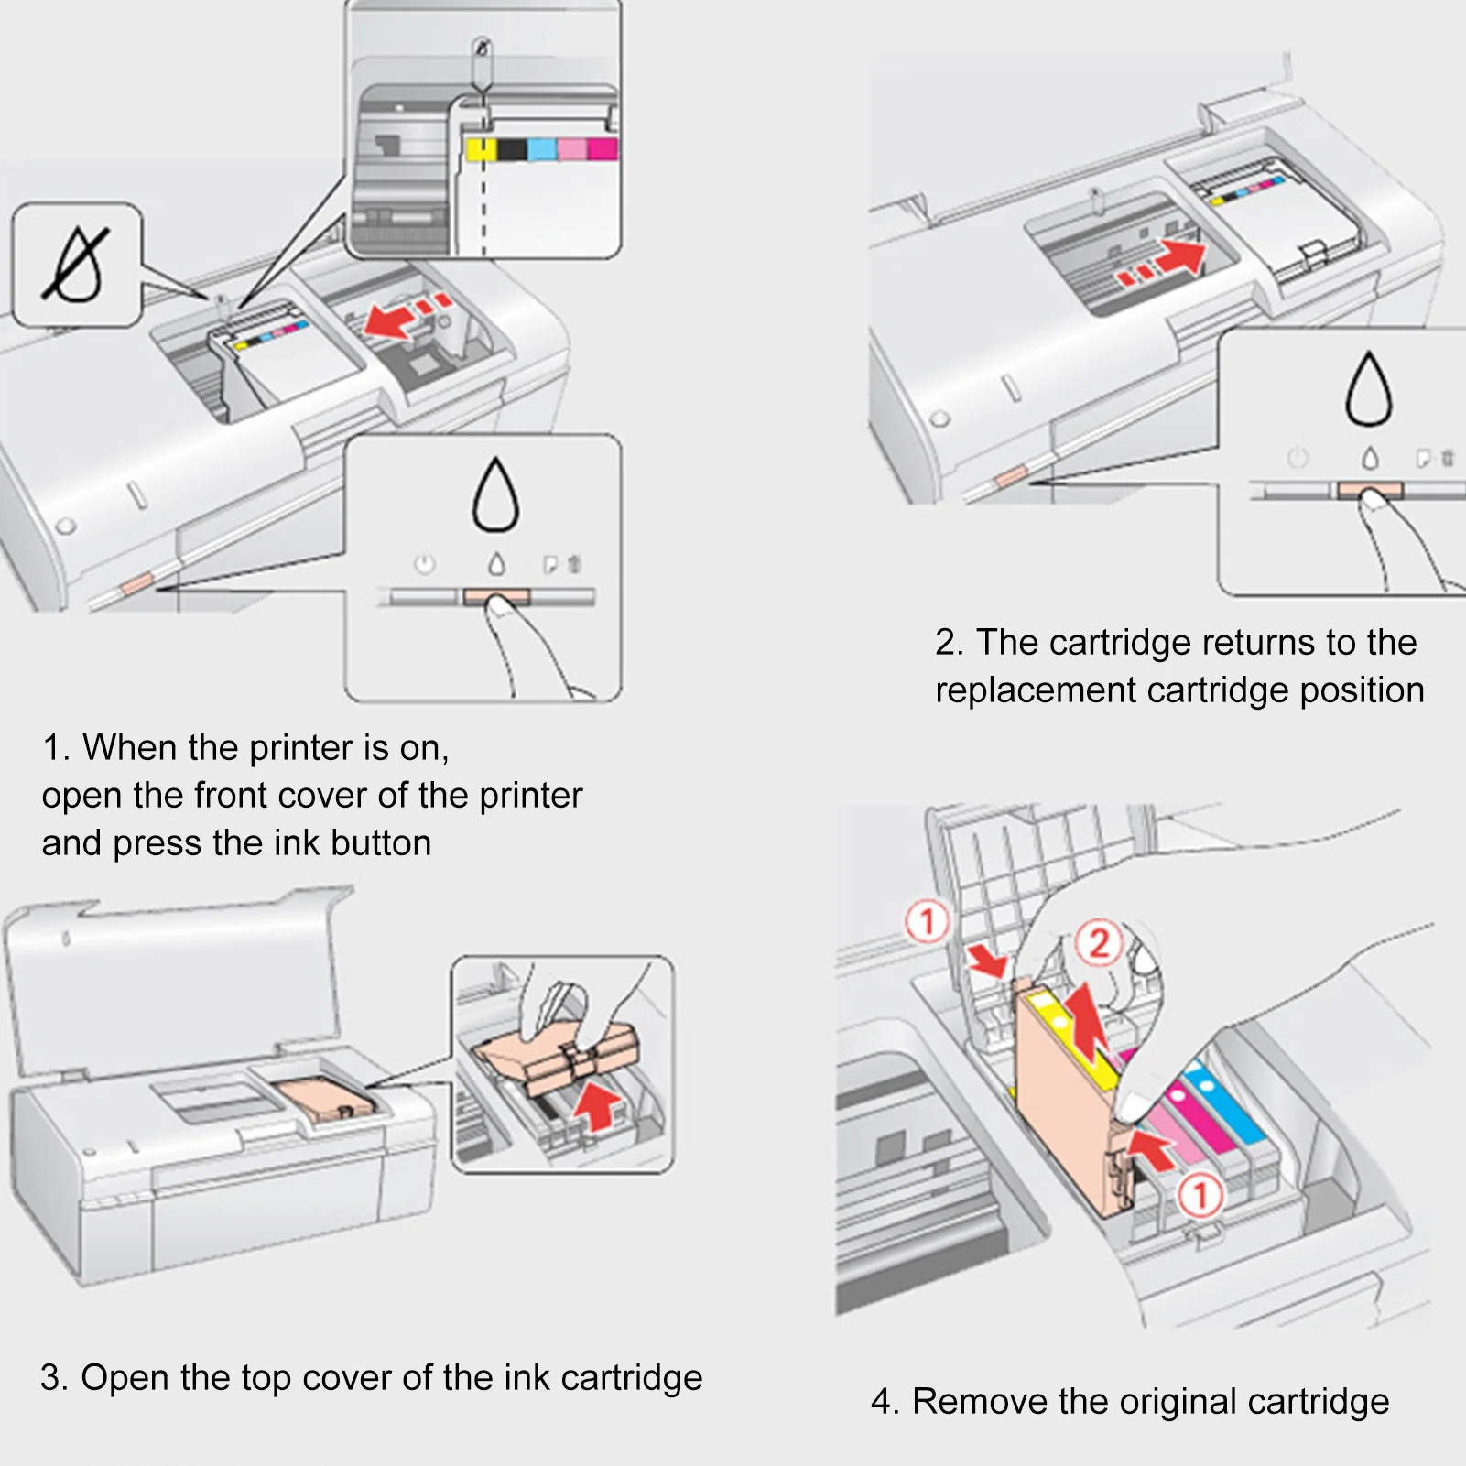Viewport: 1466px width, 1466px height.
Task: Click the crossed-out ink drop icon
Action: point(76,265)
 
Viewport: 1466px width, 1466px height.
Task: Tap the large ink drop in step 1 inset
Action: point(495,494)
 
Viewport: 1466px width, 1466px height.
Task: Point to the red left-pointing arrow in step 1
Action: point(390,321)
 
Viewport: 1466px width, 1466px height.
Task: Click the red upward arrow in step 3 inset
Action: point(599,1105)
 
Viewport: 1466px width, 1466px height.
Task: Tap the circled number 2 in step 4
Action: point(1099,942)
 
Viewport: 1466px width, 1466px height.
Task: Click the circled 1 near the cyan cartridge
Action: point(1200,1195)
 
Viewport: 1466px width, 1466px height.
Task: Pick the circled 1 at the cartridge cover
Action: point(928,921)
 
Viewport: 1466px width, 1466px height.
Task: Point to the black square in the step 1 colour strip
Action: point(513,149)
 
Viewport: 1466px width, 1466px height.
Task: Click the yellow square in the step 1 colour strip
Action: point(481,149)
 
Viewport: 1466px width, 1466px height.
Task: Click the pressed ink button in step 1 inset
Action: point(496,597)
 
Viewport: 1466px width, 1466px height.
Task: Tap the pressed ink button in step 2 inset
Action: point(1370,491)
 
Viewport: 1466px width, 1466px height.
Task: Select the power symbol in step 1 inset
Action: point(424,564)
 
